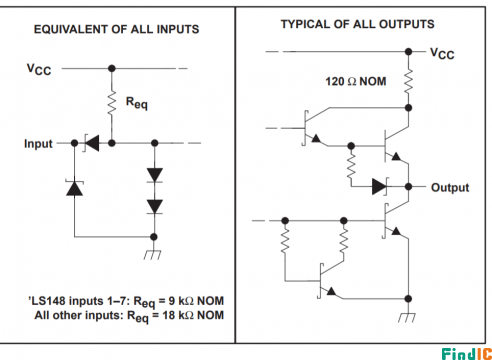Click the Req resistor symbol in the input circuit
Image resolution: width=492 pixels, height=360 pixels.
point(112,103)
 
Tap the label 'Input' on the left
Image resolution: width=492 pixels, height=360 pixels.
point(38,144)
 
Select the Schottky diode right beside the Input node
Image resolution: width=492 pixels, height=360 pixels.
point(92,143)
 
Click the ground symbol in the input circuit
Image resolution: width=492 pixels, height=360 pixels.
point(153,254)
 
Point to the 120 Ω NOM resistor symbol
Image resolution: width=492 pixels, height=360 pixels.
point(408,82)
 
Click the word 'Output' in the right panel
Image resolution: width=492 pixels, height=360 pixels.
point(450,187)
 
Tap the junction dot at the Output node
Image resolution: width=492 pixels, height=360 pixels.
point(408,187)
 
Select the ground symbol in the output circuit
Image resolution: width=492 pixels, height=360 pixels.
point(407,317)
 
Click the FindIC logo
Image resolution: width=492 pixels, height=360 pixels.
point(467,353)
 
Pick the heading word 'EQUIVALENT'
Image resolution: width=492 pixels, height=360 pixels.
point(71,29)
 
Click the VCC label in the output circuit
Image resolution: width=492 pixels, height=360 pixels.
point(442,54)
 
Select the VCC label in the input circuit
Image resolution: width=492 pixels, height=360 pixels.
point(39,69)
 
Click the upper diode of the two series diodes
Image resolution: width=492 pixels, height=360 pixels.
point(155,175)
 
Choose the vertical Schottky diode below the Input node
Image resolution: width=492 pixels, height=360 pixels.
point(74,188)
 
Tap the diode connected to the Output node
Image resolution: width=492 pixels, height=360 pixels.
point(380,187)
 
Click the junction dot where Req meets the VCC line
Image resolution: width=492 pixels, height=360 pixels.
point(112,68)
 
